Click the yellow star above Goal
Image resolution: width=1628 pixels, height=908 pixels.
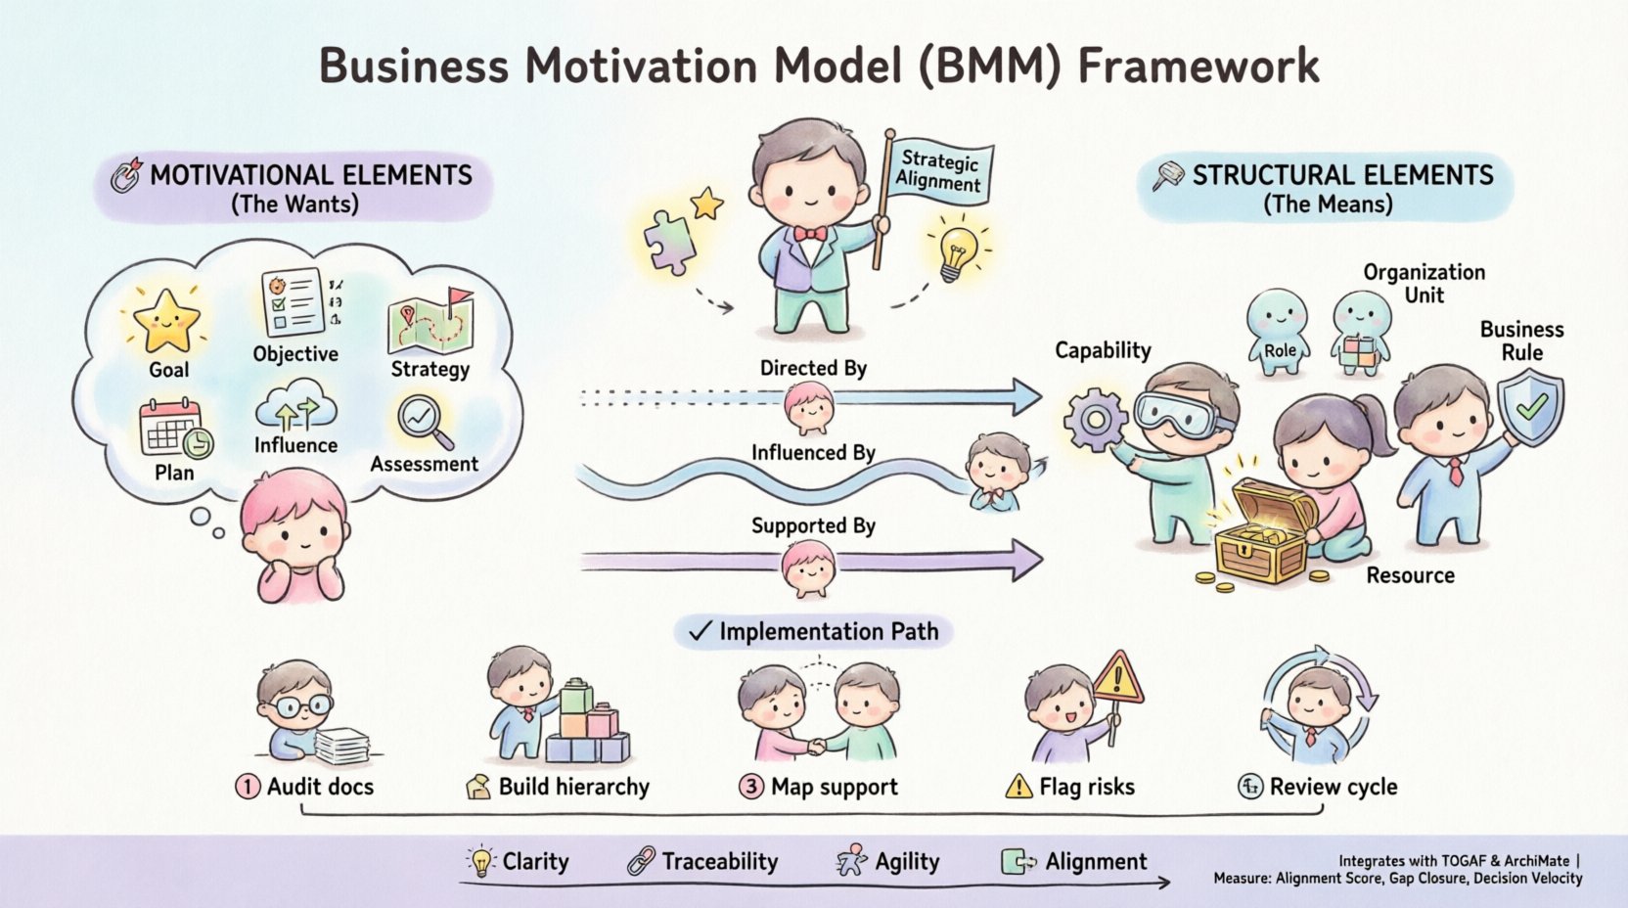pyautogui.click(x=166, y=320)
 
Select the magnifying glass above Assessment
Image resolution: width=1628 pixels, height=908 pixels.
pyautogui.click(x=423, y=419)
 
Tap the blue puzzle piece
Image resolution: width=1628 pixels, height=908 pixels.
pyautogui.click(x=669, y=241)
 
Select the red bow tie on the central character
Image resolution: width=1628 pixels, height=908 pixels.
pyautogui.click(x=810, y=234)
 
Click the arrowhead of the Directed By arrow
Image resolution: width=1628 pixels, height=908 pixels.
pyautogui.click(x=1025, y=396)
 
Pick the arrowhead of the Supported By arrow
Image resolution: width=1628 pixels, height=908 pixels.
pyautogui.click(x=1025, y=561)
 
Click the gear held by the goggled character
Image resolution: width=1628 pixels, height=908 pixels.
pyautogui.click(x=1095, y=420)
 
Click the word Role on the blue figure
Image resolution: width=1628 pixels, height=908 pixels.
pyautogui.click(x=1280, y=350)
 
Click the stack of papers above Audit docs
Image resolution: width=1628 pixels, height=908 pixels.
pyautogui.click(x=340, y=746)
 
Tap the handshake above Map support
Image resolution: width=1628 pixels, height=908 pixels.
pyautogui.click(x=816, y=746)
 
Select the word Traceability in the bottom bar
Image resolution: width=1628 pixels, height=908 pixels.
pyautogui.click(x=719, y=861)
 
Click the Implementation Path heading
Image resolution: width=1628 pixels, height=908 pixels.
pyautogui.click(x=828, y=631)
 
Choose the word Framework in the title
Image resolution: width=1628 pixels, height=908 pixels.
pyautogui.click(x=1198, y=67)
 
